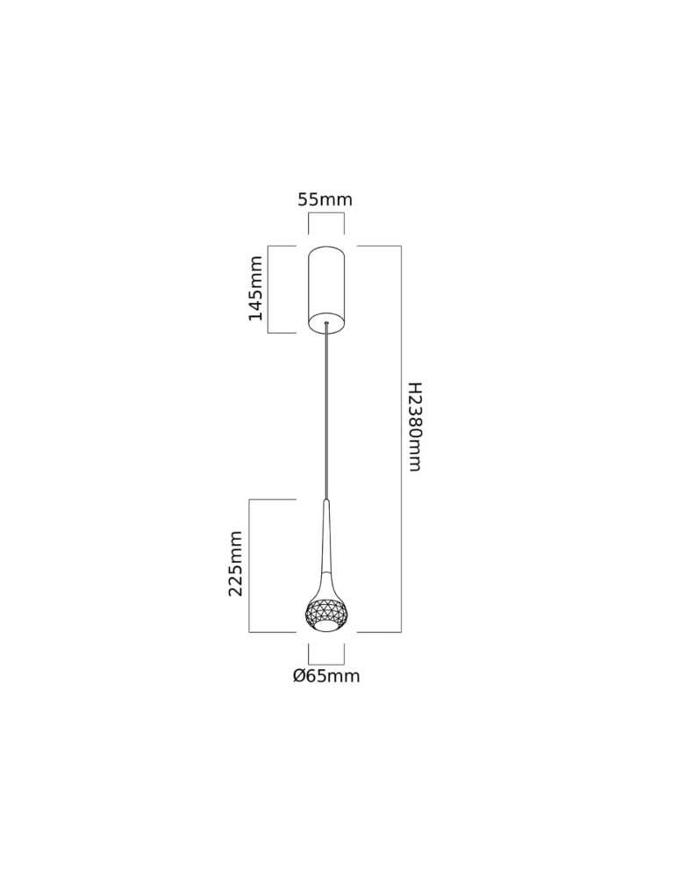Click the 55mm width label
click(325, 199)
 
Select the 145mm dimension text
click(255, 288)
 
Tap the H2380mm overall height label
click(415, 426)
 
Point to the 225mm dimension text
click(236, 564)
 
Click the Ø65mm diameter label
click(326, 676)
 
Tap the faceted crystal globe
click(326, 611)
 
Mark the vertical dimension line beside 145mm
click(268, 290)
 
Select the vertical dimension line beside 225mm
click(250, 565)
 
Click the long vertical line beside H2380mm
click(401, 439)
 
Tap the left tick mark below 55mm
click(309, 223)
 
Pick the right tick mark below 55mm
click(344, 223)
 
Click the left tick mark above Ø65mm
click(309, 654)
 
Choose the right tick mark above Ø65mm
click(344, 654)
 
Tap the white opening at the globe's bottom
click(326, 627)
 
